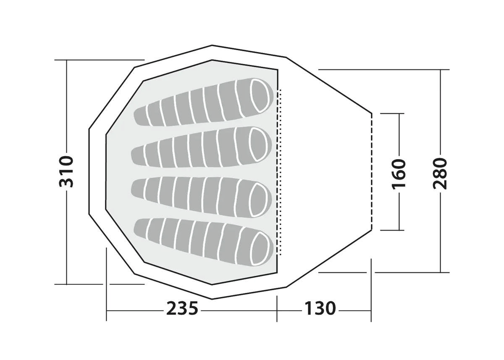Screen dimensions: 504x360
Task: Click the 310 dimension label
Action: click(x=66, y=172)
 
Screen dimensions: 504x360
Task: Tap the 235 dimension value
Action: click(x=182, y=308)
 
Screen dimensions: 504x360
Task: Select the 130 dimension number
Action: click(x=320, y=308)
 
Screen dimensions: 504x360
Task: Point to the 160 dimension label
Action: click(x=399, y=174)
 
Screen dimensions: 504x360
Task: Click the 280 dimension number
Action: click(x=440, y=173)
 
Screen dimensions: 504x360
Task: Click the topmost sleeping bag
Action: click(x=204, y=102)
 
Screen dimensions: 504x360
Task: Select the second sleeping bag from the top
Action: click(x=201, y=147)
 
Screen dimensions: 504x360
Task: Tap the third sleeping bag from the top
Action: click(x=201, y=197)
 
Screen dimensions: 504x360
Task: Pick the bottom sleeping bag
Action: click(x=204, y=242)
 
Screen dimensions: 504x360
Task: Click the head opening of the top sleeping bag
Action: click(x=260, y=96)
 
